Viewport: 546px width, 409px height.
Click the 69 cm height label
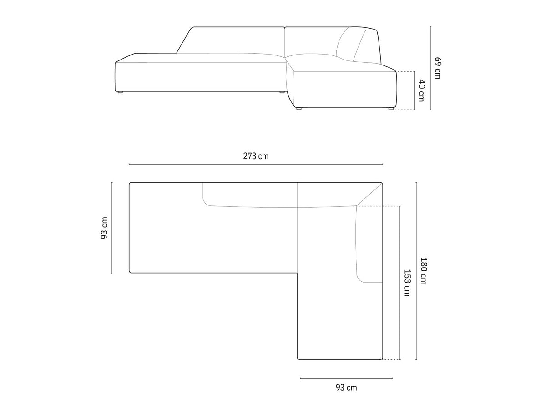(438, 68)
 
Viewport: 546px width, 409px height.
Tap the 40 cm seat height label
(421, 90)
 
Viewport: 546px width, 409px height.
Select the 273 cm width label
(256, 156)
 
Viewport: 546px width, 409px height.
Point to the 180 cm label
(423, 271)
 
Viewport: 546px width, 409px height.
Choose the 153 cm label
(407, 283)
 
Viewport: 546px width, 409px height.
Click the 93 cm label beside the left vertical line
(104, 228)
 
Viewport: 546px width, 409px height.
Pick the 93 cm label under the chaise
(346, 387)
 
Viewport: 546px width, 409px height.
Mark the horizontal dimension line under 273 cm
(256, 164)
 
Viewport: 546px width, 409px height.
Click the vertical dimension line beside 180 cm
(416, 271)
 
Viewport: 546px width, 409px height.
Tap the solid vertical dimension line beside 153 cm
(400, 283)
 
